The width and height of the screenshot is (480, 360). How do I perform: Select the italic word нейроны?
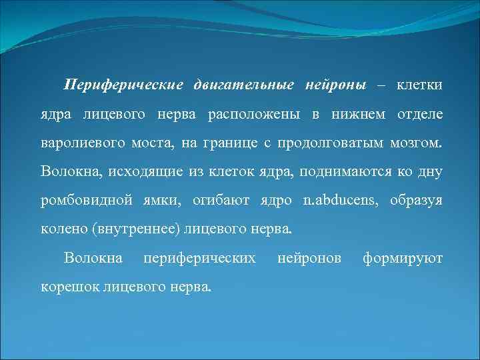(335, 86)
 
